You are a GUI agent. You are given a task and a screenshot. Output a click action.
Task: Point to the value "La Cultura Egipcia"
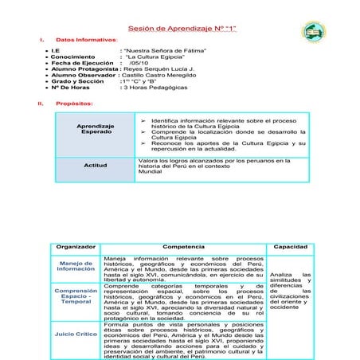coord(154,57)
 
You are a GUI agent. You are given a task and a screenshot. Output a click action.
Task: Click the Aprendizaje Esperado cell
coord(95,129)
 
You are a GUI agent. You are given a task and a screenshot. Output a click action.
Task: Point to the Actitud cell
coord(95,166)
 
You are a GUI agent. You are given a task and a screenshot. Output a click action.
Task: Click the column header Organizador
coord(76,246)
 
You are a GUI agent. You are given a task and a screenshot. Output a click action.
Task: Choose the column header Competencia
coord(182,246)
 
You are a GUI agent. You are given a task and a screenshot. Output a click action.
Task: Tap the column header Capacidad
coord(290,246)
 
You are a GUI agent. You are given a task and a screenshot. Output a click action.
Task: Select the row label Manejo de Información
coord(76,266)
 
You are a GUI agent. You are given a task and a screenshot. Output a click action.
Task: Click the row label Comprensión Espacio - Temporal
coord(76,296)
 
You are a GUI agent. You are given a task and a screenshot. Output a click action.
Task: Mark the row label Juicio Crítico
coord(76,334)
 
